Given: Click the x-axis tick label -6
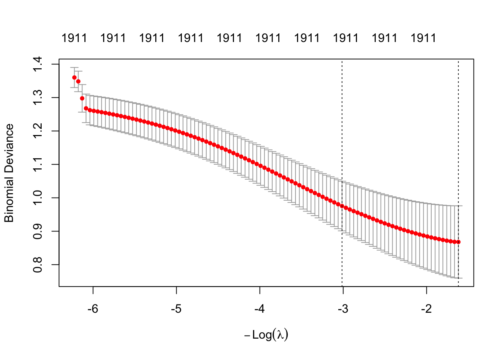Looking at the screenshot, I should (93, 309).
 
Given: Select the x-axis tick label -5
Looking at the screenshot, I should (176, 309).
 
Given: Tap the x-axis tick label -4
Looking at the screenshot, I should (259, 309).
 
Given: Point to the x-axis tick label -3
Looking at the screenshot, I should (343, 309).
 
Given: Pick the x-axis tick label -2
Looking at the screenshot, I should (426, 309).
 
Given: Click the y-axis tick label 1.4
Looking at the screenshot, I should (38, 64).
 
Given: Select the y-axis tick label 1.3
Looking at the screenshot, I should (38, 98).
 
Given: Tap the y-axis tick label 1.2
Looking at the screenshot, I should (38, 131).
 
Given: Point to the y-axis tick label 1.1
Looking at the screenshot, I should (38, 165).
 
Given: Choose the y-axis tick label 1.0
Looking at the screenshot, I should (38, 198).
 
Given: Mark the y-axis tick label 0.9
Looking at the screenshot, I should (38, 231).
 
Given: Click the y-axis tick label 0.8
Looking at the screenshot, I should (38, 265).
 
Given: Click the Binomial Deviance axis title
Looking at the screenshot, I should (9, 173).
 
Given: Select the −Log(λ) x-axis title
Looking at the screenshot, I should (266, 335).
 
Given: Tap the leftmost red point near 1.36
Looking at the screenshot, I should (74, 78).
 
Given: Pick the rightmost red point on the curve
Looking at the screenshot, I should (458, 242).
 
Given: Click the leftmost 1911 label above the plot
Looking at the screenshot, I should (74, 38).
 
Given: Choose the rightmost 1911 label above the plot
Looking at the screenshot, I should (423, 38).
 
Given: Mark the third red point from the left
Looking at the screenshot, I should (82, 98).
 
